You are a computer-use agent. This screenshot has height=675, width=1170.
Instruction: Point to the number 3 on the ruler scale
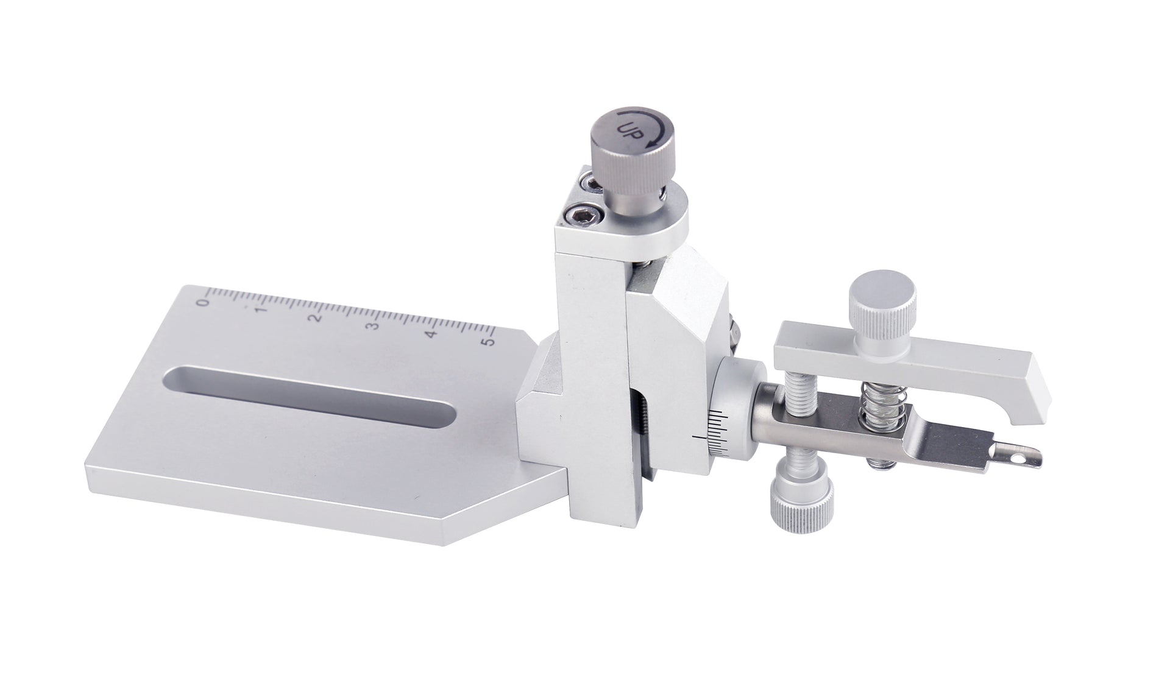coord(374,326)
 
